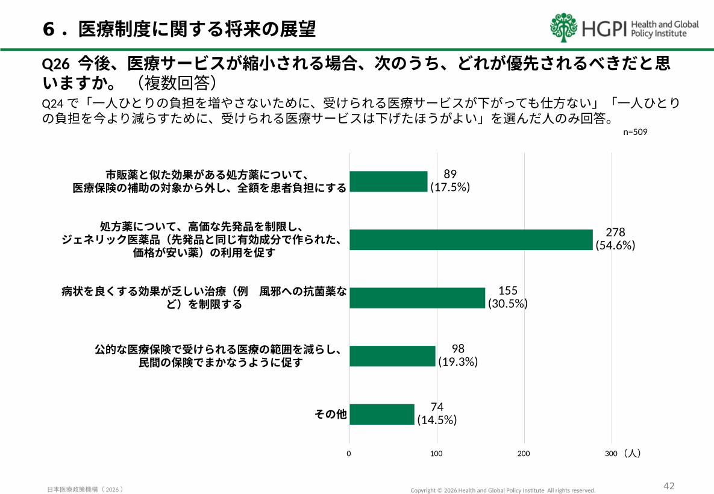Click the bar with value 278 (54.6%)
click(x=471, y=240)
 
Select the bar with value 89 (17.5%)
click(x=388, y=181)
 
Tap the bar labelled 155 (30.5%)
click(x=417, y=298)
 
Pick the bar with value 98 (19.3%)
click(x=392, y=356)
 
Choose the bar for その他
click(x=381, y=414)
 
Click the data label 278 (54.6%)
click(x=615, y=239)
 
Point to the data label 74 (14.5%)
click(x=437, y=414)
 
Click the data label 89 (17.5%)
click(x=450, y=181)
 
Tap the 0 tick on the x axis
click(x=349, y=453)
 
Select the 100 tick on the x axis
click(x=436, y=453)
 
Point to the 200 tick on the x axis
click(x=524, y=453)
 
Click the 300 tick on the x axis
click(x=611, y=453)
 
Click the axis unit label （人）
click(x=632, y=453)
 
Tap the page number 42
click(x=669, y=486)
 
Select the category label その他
click(x=331, y=414)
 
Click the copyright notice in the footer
click(x=503, y=490)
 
